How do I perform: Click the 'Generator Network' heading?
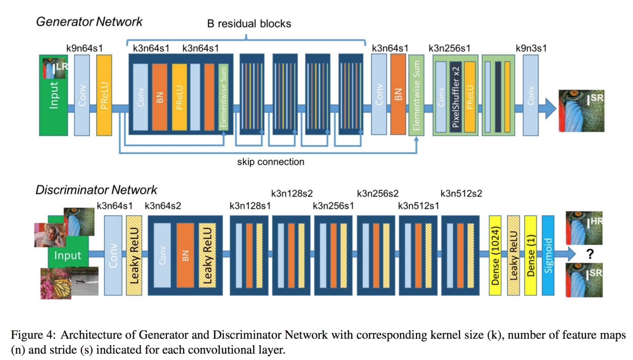[90, 22]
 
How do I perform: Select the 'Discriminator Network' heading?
[96, 189]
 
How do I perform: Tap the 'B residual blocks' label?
[249, 24]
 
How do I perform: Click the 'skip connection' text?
[271, 162]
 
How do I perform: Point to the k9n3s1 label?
[531, 48]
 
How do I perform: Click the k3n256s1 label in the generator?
[449, 48]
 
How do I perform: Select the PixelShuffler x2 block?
[456, 97]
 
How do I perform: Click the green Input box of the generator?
[53, 95]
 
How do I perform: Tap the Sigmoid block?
[548, 256]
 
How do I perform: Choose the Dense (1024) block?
[495, 256]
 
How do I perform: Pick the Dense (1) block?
[530, 256]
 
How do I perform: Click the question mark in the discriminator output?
[590, 254]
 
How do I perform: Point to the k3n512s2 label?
[461, 194]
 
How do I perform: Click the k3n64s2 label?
[163, 206]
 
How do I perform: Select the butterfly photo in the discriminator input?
[56, 284]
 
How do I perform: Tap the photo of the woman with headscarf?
[50, 235]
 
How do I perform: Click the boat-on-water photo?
[85, 281]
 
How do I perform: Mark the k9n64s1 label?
[85, 48]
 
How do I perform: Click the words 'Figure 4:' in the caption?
[33, 335]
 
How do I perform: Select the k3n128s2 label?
[292, 194]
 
